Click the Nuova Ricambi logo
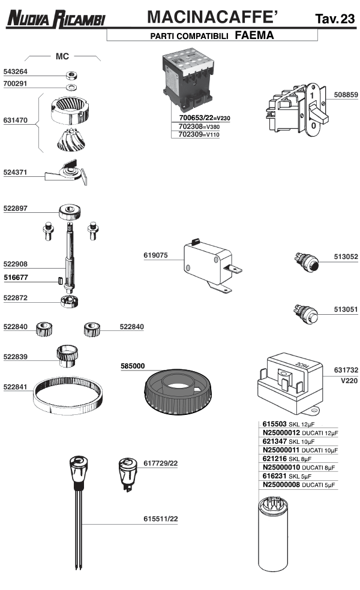point(56,19)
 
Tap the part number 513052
point(346,257)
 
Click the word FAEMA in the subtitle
point(254,35)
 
